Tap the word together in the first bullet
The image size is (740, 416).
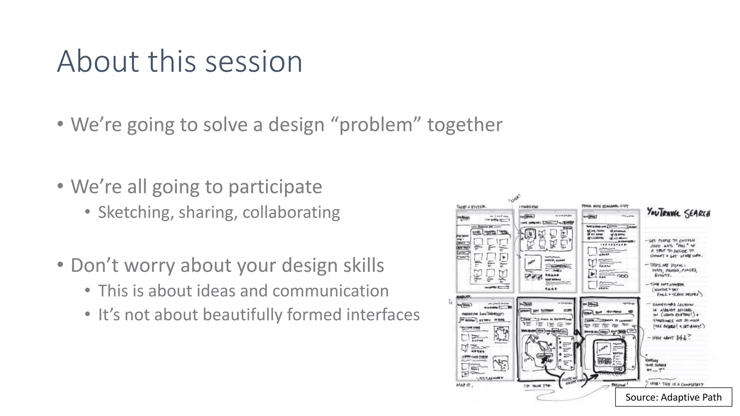click(465, 125)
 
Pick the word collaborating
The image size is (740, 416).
click(291, 212)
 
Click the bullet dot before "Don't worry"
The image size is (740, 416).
click(60, 265)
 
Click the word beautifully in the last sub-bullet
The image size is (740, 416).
click(242, 315)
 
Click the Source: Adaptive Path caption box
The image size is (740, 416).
click(673, 397)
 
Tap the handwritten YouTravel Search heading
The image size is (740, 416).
click(678, 213)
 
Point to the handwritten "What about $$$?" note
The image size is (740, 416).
click(671, 338)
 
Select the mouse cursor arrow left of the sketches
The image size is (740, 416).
click(451, 302)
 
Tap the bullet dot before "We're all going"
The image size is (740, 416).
click(60, 186)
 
